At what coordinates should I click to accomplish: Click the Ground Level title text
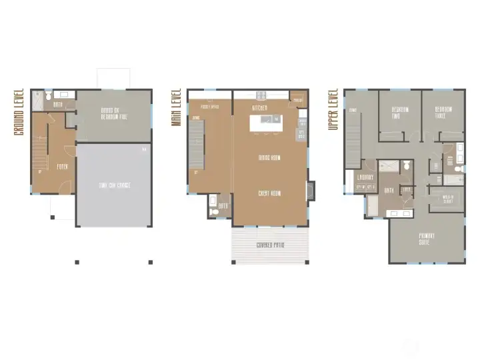pos(19,112)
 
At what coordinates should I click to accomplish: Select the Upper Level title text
pos(333,111)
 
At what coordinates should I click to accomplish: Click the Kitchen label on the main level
pos(260,107)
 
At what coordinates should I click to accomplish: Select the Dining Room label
pos(269,158)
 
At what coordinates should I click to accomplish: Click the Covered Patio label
pos(270,245)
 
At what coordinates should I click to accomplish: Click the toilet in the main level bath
pos(213,211)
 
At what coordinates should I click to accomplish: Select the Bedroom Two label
pos(400,113)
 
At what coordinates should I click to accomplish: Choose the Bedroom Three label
pos(444,113)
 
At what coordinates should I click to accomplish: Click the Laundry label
pos(365,177)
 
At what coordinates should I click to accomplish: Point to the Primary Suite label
pos(427,239)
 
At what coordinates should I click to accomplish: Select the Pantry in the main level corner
pos(298,100)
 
